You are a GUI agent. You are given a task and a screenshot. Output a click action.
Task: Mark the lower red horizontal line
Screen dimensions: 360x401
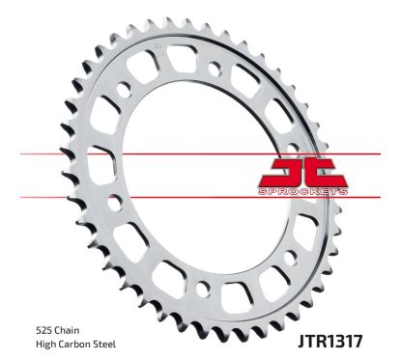coord(193,197)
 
